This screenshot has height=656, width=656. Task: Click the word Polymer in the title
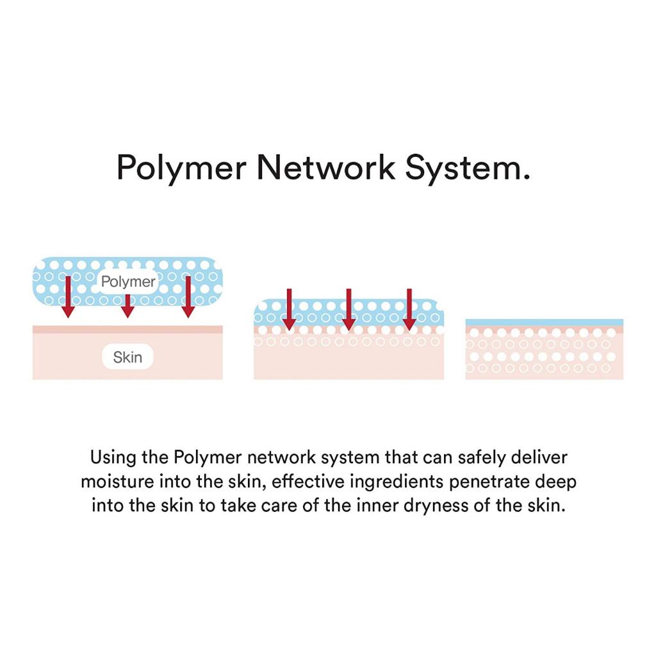181,168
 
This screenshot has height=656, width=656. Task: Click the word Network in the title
326,167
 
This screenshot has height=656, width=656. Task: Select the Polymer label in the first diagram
128,282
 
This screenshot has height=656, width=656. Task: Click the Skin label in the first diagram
127,357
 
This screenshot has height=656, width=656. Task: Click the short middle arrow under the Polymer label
127,306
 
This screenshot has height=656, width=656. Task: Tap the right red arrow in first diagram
188,297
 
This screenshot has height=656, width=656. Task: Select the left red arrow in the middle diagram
289,309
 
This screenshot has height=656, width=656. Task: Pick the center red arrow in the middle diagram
348,309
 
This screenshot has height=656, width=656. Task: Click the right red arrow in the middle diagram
409,309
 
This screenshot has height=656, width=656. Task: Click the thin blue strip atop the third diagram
545,323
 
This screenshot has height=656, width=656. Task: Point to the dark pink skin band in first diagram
127,330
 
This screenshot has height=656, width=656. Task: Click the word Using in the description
113,457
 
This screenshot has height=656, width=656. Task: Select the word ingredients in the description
397,482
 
